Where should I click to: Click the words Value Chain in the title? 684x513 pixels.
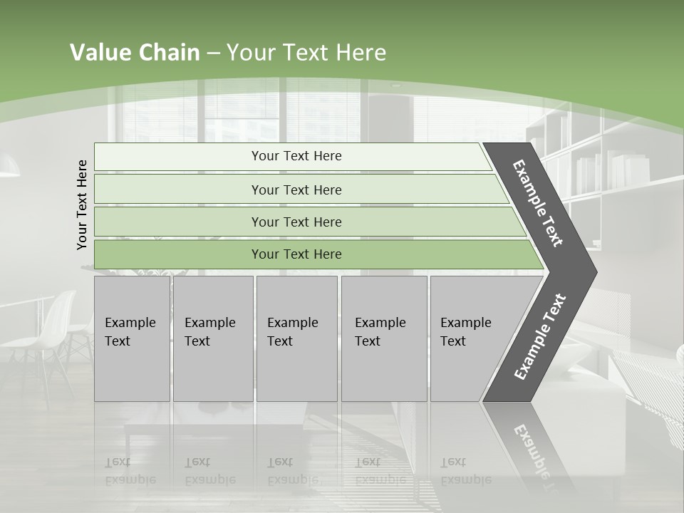(x=135, y=53)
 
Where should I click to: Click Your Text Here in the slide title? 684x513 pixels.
(x=306, y=53)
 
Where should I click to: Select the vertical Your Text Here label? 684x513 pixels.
(x=82, y=204)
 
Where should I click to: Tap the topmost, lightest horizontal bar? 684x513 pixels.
(x=296, y=156)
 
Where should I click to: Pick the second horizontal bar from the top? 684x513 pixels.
(x=296, y=190)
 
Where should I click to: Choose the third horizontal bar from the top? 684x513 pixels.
(x=296, y=222)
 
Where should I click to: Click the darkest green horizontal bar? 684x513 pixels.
(x=296, y=254)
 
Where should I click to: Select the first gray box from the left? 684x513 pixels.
(x=132, y=338)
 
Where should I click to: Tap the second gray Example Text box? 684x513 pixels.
(x=212, y=338)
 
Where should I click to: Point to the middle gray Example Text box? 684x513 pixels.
(x=296, y=338)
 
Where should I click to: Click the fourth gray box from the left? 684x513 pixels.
(x=383, y=338)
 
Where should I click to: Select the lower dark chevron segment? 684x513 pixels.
(x=539, y=338)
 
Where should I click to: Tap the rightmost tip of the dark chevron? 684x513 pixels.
(x=594, y=271)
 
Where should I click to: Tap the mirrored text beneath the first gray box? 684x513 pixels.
(x=130, y=471)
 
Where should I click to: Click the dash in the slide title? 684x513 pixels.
(x=213, y=53)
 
